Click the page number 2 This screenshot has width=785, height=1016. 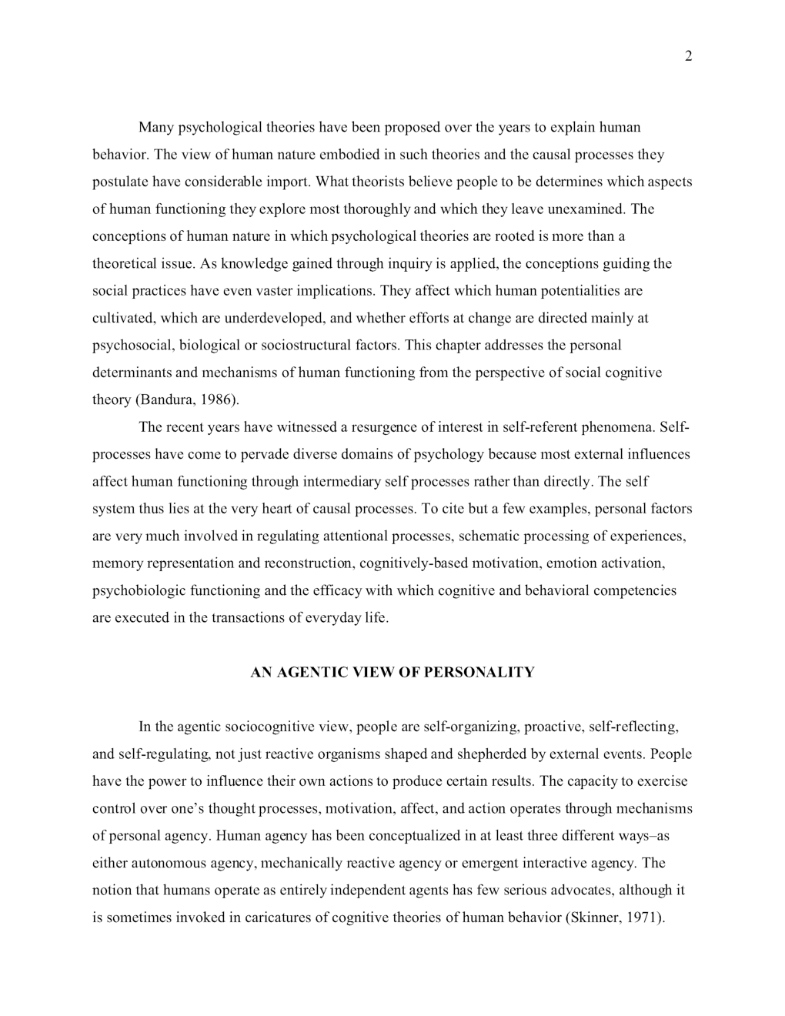coord(688,56)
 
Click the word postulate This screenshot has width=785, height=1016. coord(120,182)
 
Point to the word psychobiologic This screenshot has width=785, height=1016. coord(132,590)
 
